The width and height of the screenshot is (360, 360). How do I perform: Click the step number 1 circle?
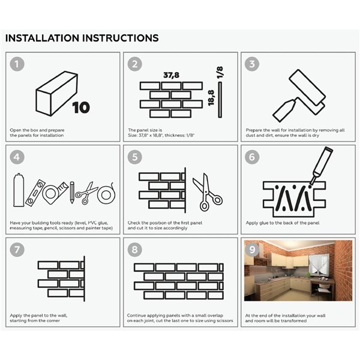[x=17, y=64]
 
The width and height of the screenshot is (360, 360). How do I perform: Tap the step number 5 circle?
[x=135, y=157]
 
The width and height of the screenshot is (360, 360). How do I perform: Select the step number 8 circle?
[x=135, y=250]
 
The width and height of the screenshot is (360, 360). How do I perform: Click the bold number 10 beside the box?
[x=81, y=107]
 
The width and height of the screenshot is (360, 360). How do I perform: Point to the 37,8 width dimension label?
[x=171, y=75]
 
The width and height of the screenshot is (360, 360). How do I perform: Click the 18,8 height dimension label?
[x=211, y=98]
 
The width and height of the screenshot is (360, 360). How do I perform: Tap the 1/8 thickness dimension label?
[x=220, y=73]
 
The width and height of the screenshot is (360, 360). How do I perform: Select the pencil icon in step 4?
[x=72, y=193]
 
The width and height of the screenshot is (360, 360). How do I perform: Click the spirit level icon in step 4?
[x=35, y=193]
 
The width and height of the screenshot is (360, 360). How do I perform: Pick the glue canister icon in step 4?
[x=18, y=190]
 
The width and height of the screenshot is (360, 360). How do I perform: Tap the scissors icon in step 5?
[x=207, y=192]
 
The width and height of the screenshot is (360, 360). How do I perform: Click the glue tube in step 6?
[x=321, y=166]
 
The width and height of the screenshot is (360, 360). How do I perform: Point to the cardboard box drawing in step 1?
[x=56, y=94]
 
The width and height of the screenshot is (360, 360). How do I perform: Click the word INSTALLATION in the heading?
[x=42, y=38]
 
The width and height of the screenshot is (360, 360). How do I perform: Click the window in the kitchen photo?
[x=318, y=263]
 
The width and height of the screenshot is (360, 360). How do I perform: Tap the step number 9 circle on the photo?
[x=252, y=250]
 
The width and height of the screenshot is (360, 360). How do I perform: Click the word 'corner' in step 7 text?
[x=52, y=321]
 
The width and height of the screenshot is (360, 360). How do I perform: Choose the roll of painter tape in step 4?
[x=106, y=194]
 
